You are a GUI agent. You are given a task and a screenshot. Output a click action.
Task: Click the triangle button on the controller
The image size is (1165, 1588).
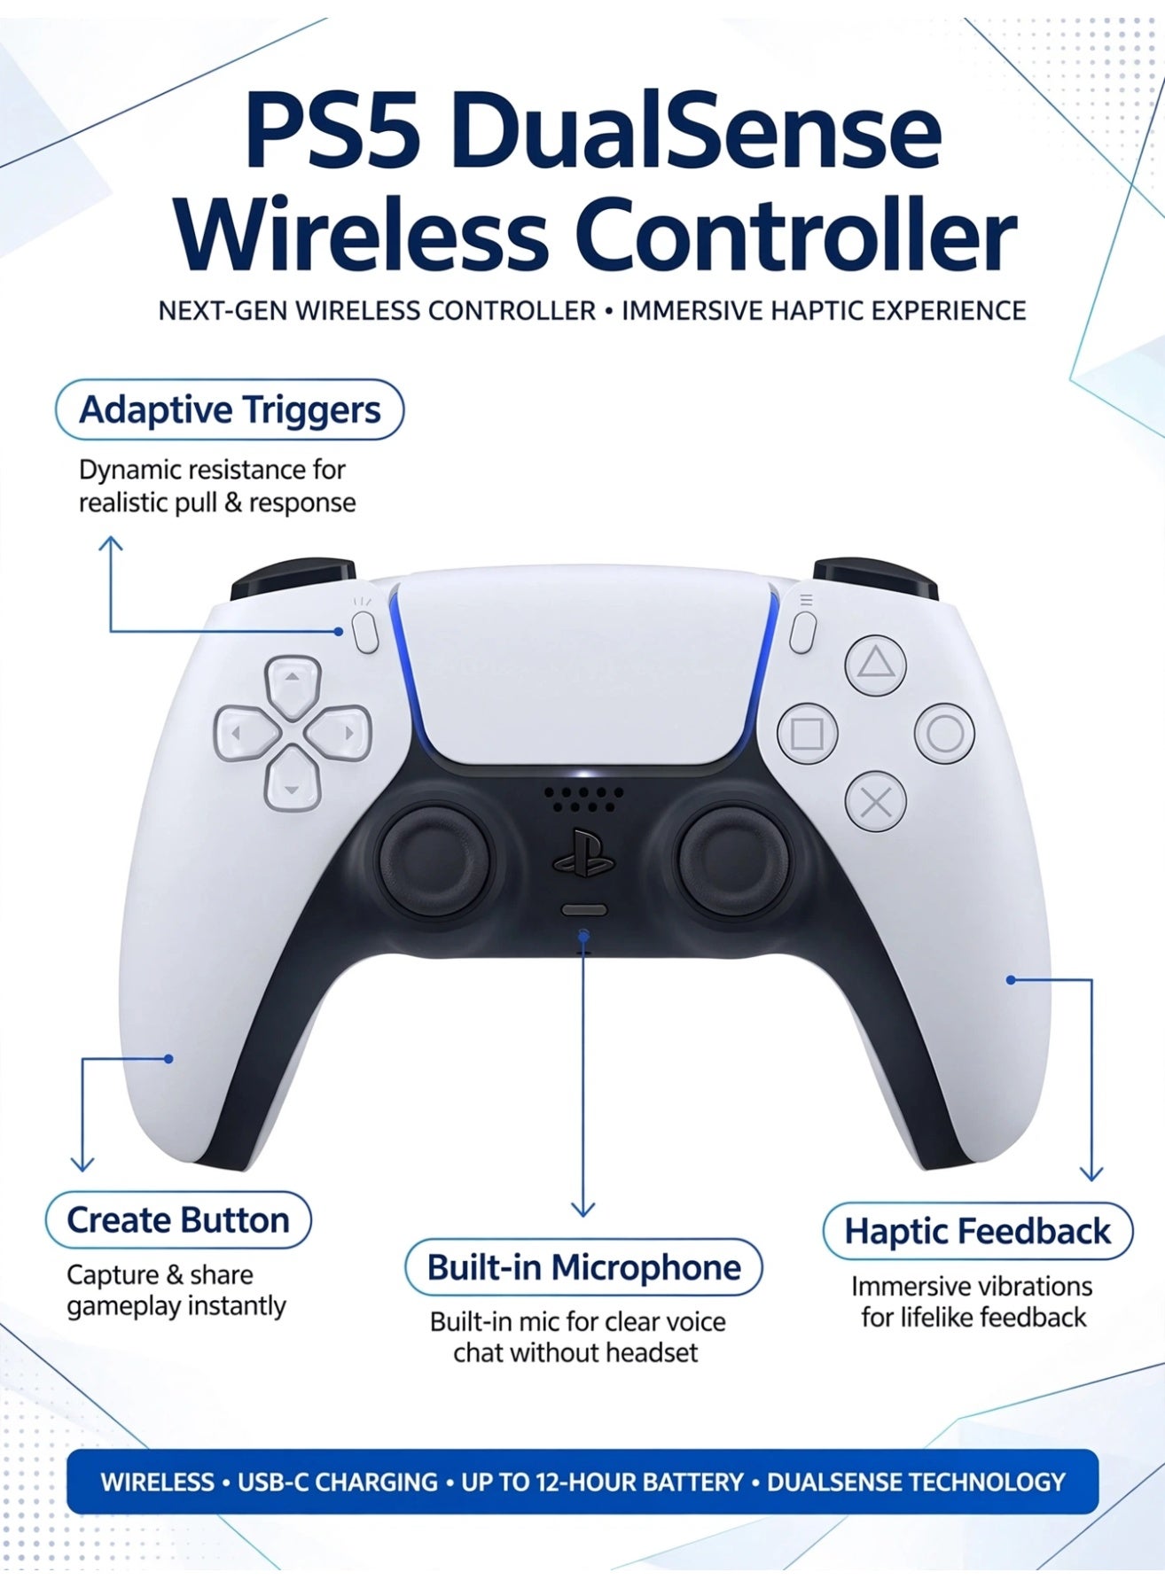(876, 665)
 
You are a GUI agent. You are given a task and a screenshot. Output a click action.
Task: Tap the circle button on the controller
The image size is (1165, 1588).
(944, 734)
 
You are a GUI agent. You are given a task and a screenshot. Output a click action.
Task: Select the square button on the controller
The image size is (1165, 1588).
(807, 735)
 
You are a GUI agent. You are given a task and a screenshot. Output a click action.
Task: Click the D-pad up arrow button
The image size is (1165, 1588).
(292, 685)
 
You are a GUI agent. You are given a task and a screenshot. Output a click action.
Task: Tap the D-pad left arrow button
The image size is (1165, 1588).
(244, 733)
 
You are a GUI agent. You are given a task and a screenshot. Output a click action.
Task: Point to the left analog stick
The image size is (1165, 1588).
(435, 856)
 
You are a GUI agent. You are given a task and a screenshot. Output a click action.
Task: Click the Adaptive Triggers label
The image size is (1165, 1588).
(230, 409)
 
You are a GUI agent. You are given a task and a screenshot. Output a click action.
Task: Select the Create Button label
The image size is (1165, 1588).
(178, 1220)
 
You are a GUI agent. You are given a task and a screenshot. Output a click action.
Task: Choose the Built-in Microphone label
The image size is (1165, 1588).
(583, 1267)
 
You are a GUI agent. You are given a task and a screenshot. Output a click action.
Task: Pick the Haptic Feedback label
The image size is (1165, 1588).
(978, 1231)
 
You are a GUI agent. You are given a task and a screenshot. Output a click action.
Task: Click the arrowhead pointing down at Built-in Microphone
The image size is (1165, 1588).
(582, 1208)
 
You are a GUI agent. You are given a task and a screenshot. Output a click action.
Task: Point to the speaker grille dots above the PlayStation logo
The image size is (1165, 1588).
(583, 799)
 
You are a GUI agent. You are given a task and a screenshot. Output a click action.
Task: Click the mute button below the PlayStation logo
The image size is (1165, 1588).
(584, 910)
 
